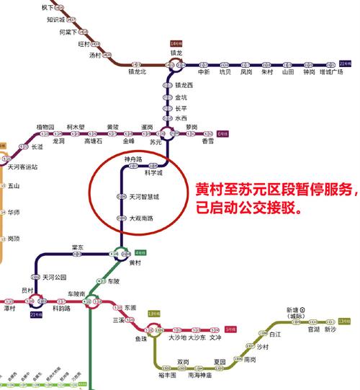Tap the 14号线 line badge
click(177, 43)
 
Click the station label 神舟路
click(133, 159)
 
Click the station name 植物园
click(45, 126)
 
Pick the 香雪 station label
click(207, 141)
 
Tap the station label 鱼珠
click(142, 338)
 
